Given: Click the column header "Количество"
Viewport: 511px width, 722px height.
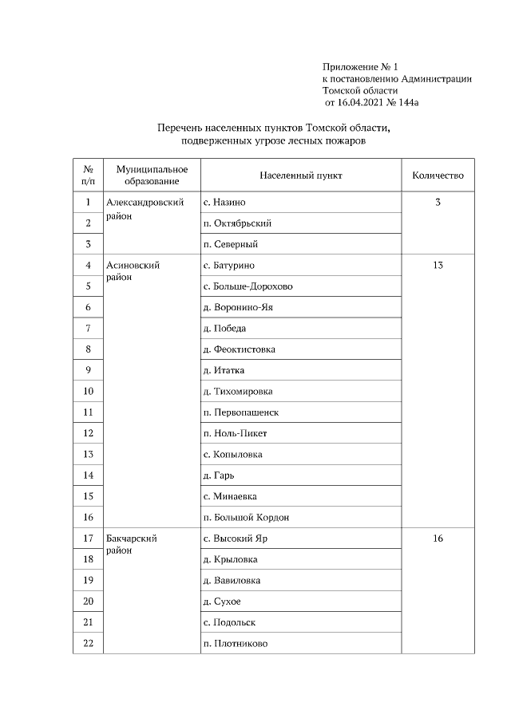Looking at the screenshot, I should (438, 176).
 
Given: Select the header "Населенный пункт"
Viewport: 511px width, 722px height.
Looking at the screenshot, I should (300, 176).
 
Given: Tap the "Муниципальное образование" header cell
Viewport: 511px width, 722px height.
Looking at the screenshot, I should (152, 176).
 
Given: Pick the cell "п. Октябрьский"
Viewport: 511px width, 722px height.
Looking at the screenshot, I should (238, 223).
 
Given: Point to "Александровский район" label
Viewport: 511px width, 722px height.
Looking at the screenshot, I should (151, 209).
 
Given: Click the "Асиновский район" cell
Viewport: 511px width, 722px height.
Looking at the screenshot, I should (133, 271).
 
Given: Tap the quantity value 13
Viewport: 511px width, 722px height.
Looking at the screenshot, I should (438, 266).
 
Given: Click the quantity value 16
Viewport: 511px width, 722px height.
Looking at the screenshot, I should (438, 539).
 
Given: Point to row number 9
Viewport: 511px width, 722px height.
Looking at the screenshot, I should (88, 370).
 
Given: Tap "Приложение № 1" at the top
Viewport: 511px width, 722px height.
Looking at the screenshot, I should (358, 66).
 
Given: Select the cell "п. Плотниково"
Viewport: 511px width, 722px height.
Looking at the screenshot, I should (236, 644).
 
